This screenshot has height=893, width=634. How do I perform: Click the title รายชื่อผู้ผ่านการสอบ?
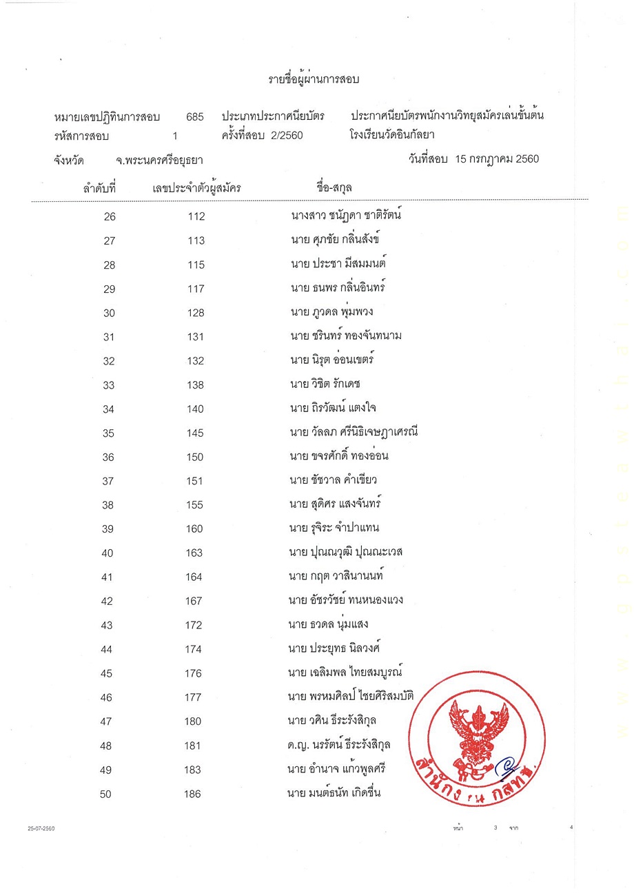[314, 80]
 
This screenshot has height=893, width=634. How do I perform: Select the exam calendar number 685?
[195, 116]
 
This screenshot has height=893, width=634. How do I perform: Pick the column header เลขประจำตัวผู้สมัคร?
[197, 187]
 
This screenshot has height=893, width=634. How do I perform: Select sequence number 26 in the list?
[110, 217]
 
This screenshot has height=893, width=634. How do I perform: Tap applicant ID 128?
[196, 314]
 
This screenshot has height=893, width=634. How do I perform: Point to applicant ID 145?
[196, 433]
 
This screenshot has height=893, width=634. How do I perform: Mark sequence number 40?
[108, 553]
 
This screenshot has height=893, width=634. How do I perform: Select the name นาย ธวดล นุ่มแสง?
[329, 624]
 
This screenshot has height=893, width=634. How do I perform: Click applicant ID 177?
[193, 697]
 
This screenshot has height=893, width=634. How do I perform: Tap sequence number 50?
[105, 794]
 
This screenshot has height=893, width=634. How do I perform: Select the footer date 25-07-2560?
[41, 829]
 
